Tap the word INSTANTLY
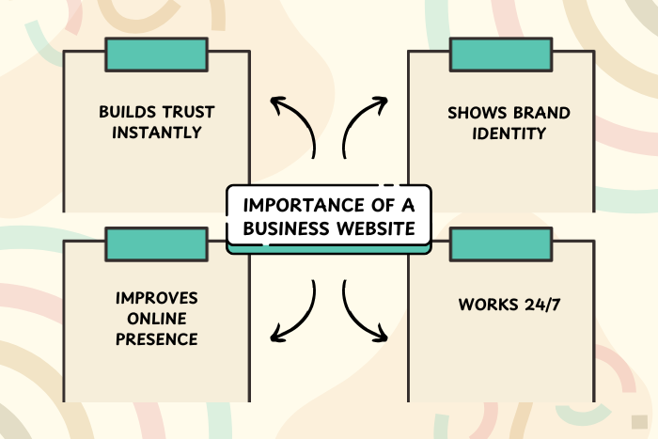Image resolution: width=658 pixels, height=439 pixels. point(156,133)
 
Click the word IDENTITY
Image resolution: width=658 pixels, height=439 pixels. point(508,133)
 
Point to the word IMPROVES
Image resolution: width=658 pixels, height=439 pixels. point(156,298)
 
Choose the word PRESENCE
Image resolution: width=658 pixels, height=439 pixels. point(156,338)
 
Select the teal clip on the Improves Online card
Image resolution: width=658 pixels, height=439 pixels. point(156,244)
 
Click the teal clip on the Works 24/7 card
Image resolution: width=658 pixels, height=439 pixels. point(500,244)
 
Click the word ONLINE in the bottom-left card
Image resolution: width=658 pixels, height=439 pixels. point(156,318)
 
